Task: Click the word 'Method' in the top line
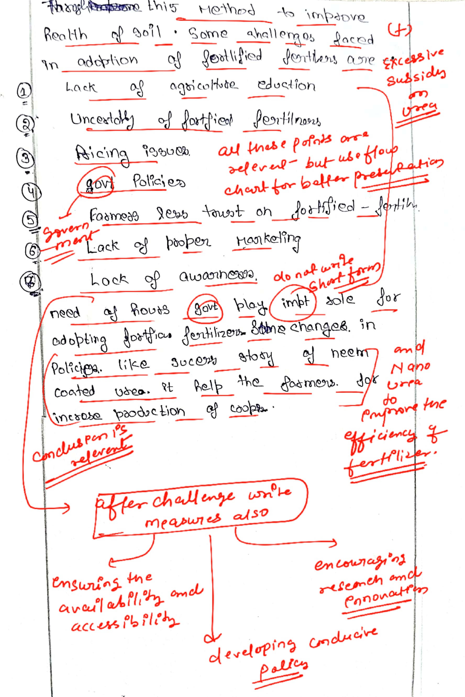[x=226, y=11]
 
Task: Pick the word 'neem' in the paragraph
[x=350, y=353]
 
